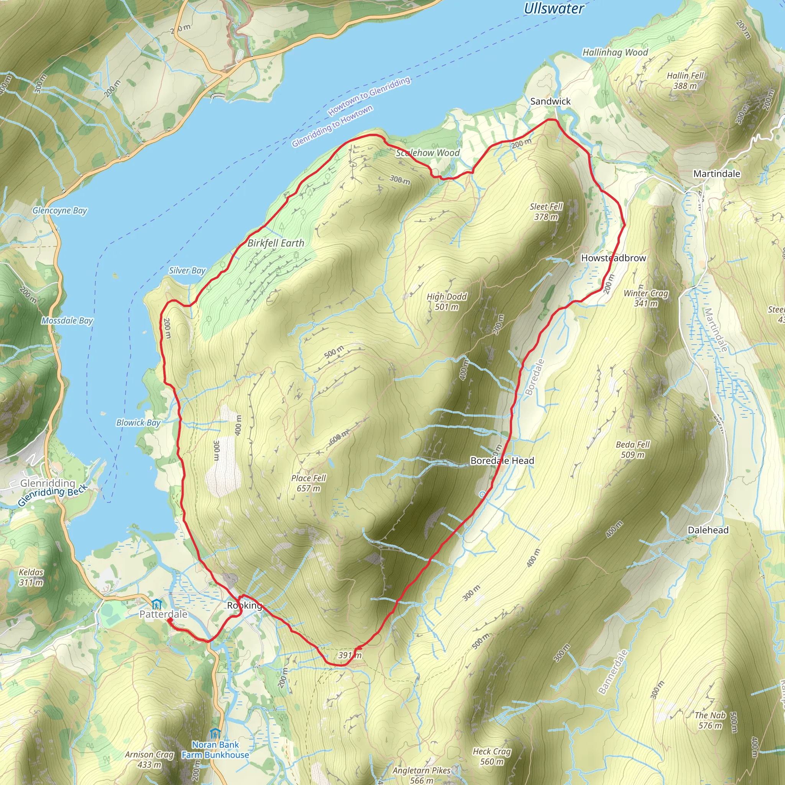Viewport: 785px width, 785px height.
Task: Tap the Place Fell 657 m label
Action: point(309,483)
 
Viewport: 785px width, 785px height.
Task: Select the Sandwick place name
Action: point(550,101)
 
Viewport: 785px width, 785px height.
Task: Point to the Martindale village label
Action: point(716,174)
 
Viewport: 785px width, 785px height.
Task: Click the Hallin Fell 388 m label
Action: point(685,80)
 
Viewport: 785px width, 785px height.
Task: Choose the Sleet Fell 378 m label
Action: point(546,212)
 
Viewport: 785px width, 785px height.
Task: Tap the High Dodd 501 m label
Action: point(447,302)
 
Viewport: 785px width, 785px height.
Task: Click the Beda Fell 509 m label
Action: point(632,449)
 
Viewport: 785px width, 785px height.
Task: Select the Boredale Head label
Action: point(502,460)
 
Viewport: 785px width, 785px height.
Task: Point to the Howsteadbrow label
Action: point(613,258)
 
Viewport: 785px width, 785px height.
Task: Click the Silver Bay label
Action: point(187,271)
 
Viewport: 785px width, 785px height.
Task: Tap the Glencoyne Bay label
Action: point(60,210)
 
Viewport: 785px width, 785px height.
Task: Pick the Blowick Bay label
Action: point(138,422)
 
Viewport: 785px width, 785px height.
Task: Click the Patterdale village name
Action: point(163,614)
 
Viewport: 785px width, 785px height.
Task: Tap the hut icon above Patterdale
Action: point(156,604)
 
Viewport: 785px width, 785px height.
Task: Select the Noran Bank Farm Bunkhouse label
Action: point(215,750)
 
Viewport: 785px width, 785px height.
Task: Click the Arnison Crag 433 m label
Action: point(149,759)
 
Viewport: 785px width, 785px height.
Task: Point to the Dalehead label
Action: point(708,530)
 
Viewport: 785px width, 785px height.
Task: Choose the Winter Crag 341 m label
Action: point(645,298)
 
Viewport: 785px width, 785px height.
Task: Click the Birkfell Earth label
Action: point(276,243)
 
